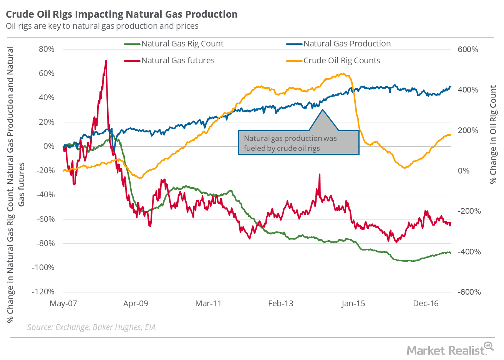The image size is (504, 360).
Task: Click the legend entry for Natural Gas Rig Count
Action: pyautogui.click(x=182, y=44)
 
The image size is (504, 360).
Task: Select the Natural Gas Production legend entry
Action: pyautogui.click(x=347, y=44)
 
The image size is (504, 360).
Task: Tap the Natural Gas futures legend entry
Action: pyautogui.click(x=178, y=61)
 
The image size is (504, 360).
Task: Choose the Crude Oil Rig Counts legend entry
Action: pyautogui.click(x=342, y=61)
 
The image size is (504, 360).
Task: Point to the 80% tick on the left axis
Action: pyautogui.click(x=46, y=49)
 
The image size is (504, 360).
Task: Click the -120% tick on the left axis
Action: pyautogui.click(x=43, y=292)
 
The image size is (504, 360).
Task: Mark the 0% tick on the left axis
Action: pyautogui.click(x=48, y=146)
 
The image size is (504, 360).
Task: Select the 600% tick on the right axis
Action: pyautogui.click(x=468, y=50)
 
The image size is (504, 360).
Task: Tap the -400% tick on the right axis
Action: pyautogui.click(x=469, y=252)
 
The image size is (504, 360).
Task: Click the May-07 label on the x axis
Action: pyautogui.click(x=63, y=304)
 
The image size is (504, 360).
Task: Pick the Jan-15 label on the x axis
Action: pyautogui.click(x=353, y=304)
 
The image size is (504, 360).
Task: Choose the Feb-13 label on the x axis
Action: pyautogui.click(x=280, y=304)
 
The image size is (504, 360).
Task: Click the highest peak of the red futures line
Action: pyautogui.click(x=106, y=61)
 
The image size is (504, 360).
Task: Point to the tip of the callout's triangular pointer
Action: pyautogui.click(x=322, y=110)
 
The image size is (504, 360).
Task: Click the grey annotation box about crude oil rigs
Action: pyautogui.click(x=298, y=143)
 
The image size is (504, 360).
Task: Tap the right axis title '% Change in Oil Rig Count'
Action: pyautogui.click(x=493, y=134)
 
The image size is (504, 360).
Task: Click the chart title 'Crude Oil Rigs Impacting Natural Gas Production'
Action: pyautogui.click(x=121, y=14)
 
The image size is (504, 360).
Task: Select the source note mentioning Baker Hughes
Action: pyautogui.click(x=91, y=327)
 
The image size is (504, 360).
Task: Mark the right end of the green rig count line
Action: pyautogui.click(x=451, y=253)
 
